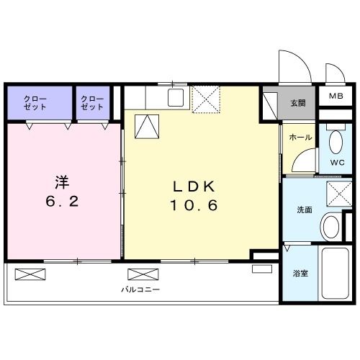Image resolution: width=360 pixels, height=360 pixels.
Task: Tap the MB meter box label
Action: pos(336,96)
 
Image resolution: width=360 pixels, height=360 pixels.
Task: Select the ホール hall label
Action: pos(300,137)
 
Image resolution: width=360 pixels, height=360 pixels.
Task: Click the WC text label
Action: pos(337,163)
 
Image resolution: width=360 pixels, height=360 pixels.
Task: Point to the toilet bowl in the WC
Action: pos(336,140)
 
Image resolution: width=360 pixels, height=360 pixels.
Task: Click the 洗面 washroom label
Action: pos(304,211)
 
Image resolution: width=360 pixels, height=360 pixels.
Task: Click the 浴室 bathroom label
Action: pos(300,274)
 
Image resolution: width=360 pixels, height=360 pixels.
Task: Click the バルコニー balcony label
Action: pos(140,289)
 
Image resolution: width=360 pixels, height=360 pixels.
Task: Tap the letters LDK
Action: pos(194,186)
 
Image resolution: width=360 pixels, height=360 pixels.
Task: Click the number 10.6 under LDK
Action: pos(194,205)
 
